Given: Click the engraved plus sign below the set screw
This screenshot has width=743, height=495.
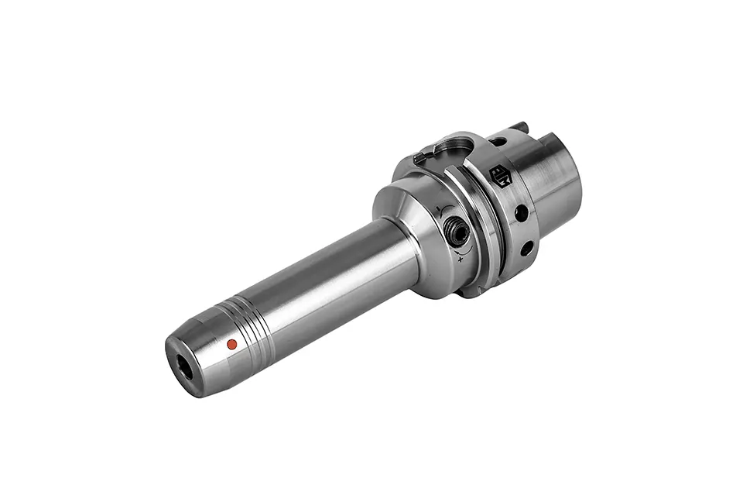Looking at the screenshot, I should point(462,260).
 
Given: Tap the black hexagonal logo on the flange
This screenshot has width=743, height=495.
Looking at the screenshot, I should point(500,176).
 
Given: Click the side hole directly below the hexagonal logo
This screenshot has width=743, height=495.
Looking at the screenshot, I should point(521,211).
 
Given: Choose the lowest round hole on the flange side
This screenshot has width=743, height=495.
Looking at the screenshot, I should point(526,248).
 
